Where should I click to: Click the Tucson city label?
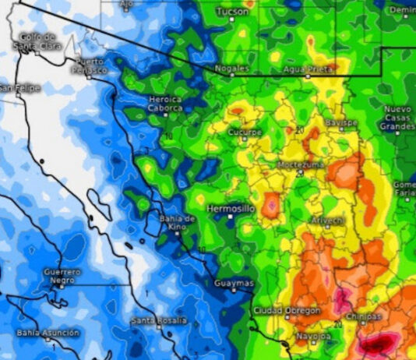tap(233, 12)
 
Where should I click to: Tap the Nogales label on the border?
tap(231, 69)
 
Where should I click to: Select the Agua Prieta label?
tap(308, 69)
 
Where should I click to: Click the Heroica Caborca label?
tap(165, 104)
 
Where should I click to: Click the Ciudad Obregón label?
tap(286, 311)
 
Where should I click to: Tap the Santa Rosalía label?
tap(159, 320)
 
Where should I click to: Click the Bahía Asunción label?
tap(48, 333)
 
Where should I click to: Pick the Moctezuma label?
tap(300, 164)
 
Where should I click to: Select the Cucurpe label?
tap(245, 132)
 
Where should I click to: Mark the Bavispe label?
tap(340, 124)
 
